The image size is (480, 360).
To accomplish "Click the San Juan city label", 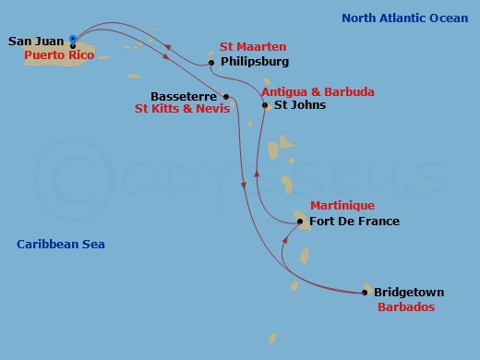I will click(x=36, y=41).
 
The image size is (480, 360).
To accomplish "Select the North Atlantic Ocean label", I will click(x=404, y=18).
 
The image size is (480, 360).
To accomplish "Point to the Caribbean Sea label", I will click(x=61, y=245).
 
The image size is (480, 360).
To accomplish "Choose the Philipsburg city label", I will click(x=256, y=62).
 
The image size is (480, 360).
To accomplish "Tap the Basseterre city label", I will click(x=184, y=95).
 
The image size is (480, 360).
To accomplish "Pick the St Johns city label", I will click(x=301, y=105).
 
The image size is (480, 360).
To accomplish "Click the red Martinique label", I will click(x=342, y=206).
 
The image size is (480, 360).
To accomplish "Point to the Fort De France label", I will click(x=354, y=222).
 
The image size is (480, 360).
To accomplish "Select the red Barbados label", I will click(x=406, y=306).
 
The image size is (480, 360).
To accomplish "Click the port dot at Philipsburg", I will click(x=211, y=63).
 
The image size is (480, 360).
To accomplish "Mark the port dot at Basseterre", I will click(x=225, y=95).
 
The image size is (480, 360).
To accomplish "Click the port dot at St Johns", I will click(x=265, y=105).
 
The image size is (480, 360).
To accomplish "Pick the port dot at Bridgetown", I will click(x=366, y=293).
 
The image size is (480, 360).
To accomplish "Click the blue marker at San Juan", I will click(x=73, y=39).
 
